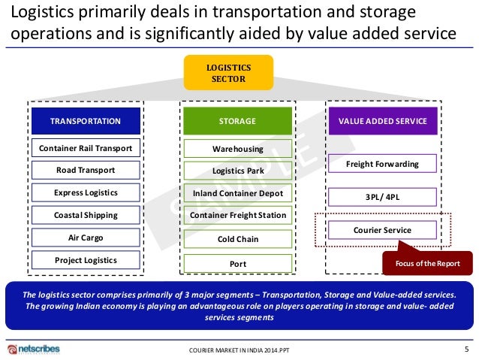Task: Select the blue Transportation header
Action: (x=85, y=121)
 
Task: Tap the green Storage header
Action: (x=237, y=121)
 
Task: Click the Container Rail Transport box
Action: (x=85, y=147)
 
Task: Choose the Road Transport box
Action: (x=85, y=170)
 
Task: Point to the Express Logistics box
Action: (x=85, y=192)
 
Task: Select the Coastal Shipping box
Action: (x=85, y=215)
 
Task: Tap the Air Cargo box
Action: (x=85, y=237)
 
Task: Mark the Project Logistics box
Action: (x=85, y=260)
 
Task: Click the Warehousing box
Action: (x=237, y=149)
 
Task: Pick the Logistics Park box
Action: (x=237, y=171)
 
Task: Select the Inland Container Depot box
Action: (x=237, y=194)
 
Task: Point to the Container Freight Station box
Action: (x=237, y=216)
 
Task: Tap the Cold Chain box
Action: (x=237, y=240)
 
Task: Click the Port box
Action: (x=237, y=264)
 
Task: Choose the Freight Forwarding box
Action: (x=381, y=165)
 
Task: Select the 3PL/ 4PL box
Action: (x=381, y=197)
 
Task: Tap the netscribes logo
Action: (x=33, y=349)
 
